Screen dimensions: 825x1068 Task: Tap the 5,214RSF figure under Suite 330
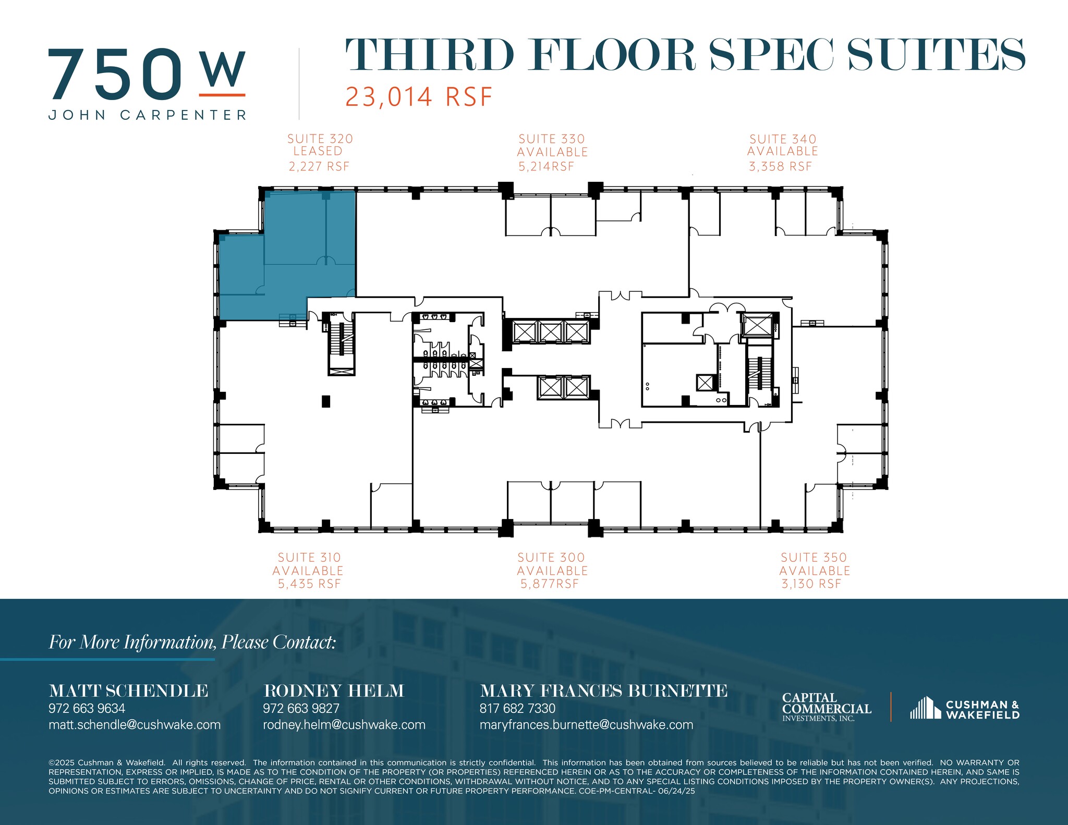click(x=546, y=167)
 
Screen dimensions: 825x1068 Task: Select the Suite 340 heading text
click(x=783, y=139)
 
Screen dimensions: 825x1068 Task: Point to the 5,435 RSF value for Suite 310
click(x=309, y=584)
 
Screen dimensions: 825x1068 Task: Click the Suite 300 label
click(x=551, y=558)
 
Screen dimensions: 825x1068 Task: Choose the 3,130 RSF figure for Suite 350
click(x=811, y=584)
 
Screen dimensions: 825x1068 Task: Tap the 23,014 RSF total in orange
click(x=419, y=97)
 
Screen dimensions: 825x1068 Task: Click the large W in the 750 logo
click(x=223, y=70)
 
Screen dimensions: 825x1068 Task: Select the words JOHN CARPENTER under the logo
click(x=148, y=115)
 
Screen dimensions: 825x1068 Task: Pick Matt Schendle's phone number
click(x=87, y=708)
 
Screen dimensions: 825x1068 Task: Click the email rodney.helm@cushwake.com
click(x=344, y=725)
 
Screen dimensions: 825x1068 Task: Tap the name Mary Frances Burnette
click(x=603, y=691)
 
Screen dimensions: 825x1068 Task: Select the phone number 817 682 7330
click(x=517, y=708)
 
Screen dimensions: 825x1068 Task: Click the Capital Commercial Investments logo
click(x=827, y=707)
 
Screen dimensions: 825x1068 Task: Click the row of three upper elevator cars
click(x=550, y=332)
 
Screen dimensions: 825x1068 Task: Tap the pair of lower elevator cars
click(x=564, y=387)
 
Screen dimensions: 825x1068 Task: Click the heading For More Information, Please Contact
click(x=192, y=642)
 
